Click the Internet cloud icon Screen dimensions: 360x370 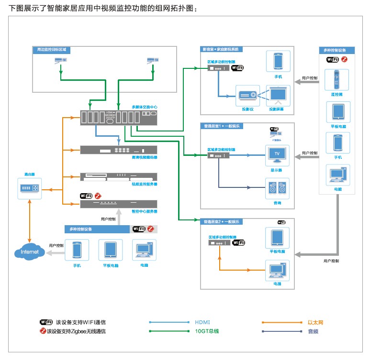point(30,252)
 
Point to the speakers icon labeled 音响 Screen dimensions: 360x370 point(278,189)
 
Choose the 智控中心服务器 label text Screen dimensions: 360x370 point(145,211)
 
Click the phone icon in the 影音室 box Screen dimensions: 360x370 point(278,61)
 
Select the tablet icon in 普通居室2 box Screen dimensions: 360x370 point(278,238)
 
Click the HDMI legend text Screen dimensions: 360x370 point(202,322)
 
